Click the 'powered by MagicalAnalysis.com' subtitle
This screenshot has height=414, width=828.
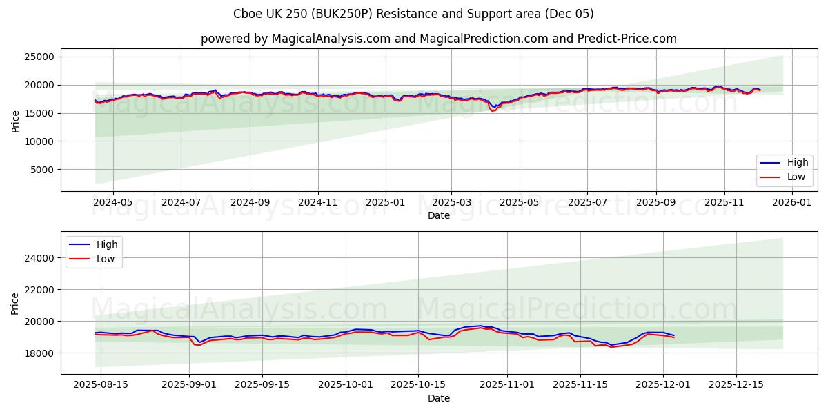(438, 39)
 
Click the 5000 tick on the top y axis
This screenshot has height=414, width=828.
(43, 170)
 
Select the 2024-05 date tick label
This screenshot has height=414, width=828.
(112, 203)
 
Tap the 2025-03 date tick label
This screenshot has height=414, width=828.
(451, 203)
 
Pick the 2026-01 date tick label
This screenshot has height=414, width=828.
(791, 203)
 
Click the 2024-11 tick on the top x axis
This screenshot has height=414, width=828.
(317, 203)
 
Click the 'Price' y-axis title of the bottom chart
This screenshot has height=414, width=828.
(15, 302)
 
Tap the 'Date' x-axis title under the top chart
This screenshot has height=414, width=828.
(438, 215)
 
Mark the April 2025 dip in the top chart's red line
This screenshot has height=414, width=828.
(493, 111)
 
